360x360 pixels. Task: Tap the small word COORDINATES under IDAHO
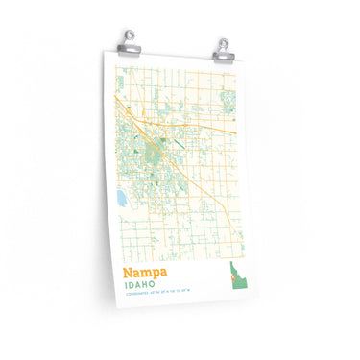click(134, 298)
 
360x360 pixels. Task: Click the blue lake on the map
click(120, 199)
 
